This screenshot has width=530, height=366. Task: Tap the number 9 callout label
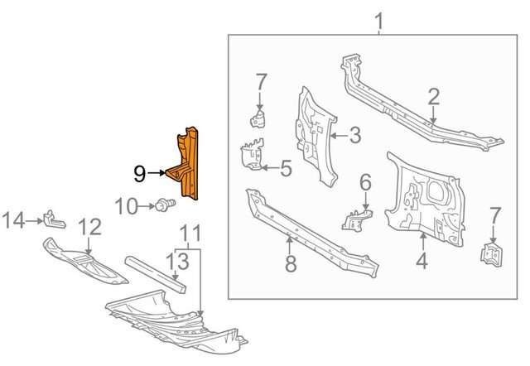[x=140, y=173]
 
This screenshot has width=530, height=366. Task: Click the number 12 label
[x=89, y=226]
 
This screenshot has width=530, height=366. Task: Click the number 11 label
[x=190, y=233]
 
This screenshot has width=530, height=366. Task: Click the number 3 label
[x=354, y=135]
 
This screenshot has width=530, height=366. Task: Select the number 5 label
[x=286, y=170]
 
